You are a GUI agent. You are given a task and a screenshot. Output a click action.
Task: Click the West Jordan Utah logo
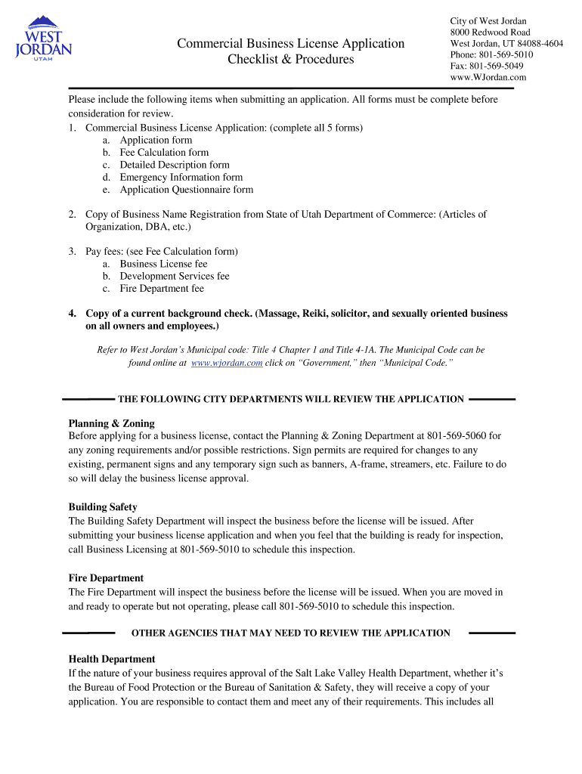(x=44, y=42)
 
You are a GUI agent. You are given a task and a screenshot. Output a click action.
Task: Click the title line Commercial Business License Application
(x=290, y=44)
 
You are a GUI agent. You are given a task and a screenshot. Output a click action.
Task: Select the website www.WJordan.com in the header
(x=488, y=77)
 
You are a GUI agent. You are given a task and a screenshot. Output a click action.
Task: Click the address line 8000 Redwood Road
(x=490, y=33)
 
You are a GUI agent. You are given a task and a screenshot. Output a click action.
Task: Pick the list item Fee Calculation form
(x=163, y=153)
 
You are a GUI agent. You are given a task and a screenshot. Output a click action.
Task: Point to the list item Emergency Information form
(x=181, y=178)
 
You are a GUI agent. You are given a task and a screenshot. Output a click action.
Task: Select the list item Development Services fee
(x=174, y=277)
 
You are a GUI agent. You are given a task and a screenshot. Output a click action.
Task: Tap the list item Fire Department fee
(x=161, y=289)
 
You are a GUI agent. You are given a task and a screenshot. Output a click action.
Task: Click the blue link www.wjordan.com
(x=227, y=364)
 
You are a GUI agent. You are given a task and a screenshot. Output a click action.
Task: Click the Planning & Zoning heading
(x=111, y=424)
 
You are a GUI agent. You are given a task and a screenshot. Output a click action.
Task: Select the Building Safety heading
(x=103, y=507)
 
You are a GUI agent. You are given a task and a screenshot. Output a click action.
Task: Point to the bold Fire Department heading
(x=106, y=578)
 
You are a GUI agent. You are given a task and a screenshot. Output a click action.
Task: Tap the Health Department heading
(x=112, y=659)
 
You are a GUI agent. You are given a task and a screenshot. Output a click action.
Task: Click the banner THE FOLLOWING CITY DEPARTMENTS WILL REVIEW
(x=290, y=399)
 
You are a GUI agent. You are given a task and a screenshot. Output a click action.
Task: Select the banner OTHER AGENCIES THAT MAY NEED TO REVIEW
(x=290, y=633)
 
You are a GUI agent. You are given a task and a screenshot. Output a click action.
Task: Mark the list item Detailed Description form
(x=174, y=165)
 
